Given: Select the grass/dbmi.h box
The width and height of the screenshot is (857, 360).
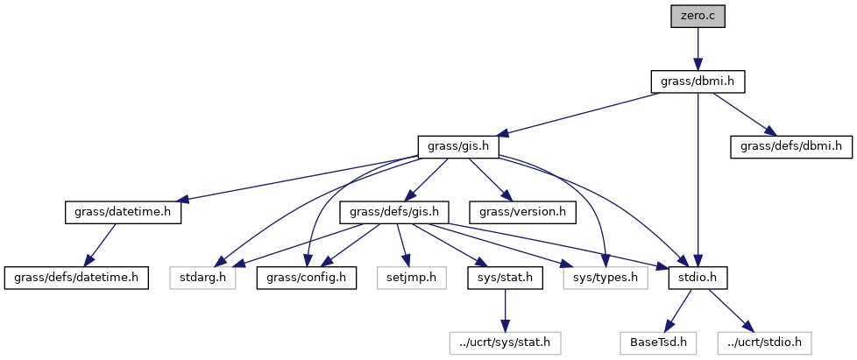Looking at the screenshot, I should pyautogui.click(x=698, y=81).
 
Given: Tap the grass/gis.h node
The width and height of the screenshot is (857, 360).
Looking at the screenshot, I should pyautogui.click(x=458, y=147).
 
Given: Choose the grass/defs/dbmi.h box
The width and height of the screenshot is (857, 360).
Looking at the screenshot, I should pyautogui.click(x=791, y=147).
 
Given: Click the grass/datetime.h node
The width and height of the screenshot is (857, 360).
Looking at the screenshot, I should pyautogui.click(x=123, y=213).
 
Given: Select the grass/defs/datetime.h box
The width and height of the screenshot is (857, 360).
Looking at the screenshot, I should pyautogui.click(x=76, y=279).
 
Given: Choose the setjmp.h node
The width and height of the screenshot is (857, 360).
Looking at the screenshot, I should pyautogui.click(x=407, y=279).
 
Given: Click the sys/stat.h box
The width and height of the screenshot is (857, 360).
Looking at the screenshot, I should pyautogui.click(x=504, y=279).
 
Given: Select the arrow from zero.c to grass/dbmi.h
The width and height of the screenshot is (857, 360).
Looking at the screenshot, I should pyautogui.click(x=697, y=48).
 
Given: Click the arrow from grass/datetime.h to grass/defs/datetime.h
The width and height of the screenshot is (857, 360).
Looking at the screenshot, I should pyautogui.click(x=100, y=245).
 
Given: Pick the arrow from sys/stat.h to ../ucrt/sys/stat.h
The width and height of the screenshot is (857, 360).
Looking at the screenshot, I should pyautogui.click(x=504, y=311).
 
